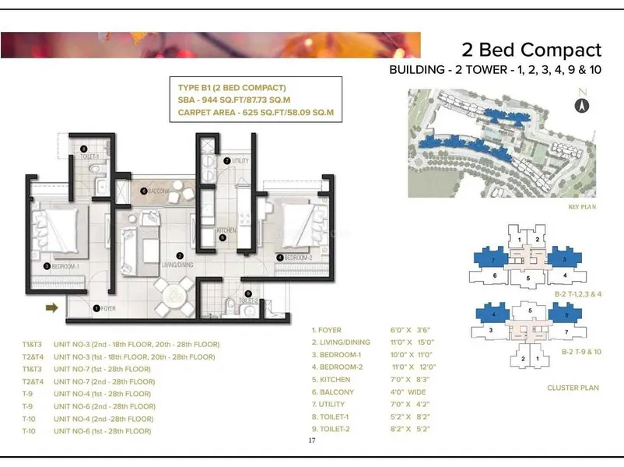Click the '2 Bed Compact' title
pos(531,50)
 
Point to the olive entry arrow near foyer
pos(53,308)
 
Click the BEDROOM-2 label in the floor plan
pos(297,258)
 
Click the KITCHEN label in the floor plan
pos(226,231)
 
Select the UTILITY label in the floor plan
pos(239,160)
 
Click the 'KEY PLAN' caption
pos(580,209)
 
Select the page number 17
pos(312,441)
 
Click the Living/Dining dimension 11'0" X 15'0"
pos(412,342)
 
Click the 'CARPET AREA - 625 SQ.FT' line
pos(254,113)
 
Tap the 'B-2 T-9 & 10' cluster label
pos(581,352)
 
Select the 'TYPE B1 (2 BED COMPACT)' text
pos(231,87)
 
